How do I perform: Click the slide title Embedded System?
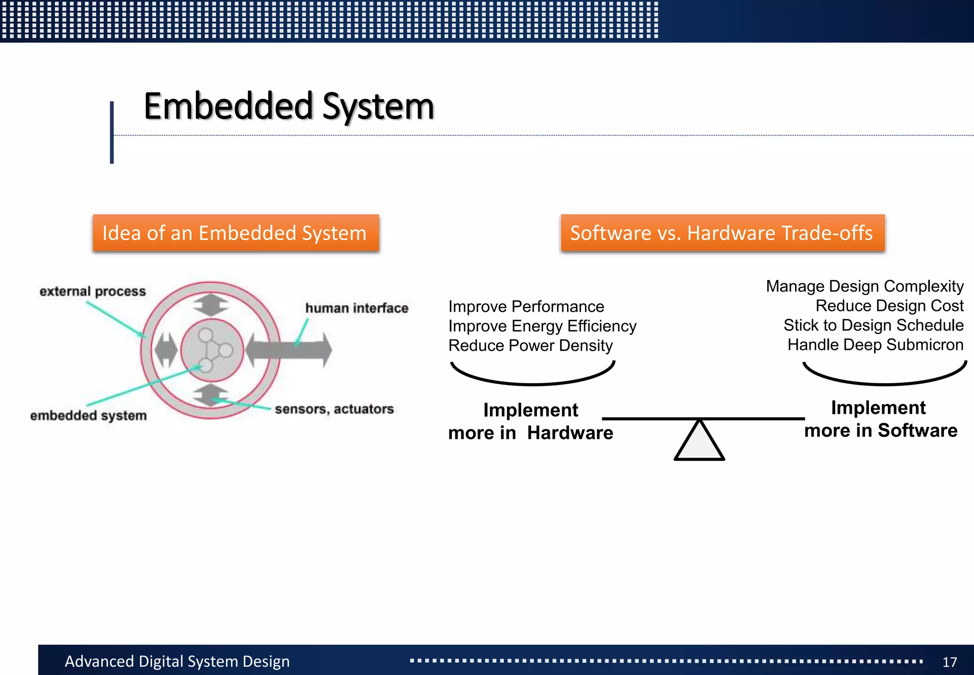pyautogui.click(x=289, y=107)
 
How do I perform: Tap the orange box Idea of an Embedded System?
pyautogui.click(x=235, y=233)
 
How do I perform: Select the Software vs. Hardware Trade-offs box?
pyautogui.click(x=722, y=233)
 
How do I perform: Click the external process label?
pyautogui.click(x=93, y=291)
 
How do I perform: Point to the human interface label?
pyautogui.click(x=357, y=308)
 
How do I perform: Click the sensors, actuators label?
pyautogui.click(x=334, y=409)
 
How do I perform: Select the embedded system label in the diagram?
pyautogui.click(x=88, y=416)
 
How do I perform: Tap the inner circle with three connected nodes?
pyautogui.click(x=212, y=350)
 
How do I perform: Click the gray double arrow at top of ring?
pyautogui.click(x=211, y=305)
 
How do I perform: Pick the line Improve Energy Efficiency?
pyautogui.click(x=542, y=326)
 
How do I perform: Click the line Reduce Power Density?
pyautogui.click(x=530, y=346)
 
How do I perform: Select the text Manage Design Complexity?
pyautogui.click(x=864, y=286)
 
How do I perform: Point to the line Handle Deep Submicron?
pyautogui.click(x=875, y=345)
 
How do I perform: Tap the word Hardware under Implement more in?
pyautogui.click(x=570, y=433)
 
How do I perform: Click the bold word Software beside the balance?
pyautogui.click(x=917, y=430)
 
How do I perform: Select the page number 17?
pyautogui.click(x=949, y=662)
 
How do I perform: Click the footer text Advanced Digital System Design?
pyautogui.click(x=177, y=661)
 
